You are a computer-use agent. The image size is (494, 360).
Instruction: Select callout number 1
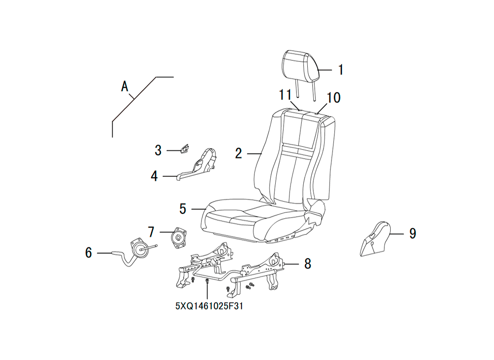tap(340, 70)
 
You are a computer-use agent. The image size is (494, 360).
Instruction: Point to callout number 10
tap(333, 98)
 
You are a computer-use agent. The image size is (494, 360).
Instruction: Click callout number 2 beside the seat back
tap(239, 153)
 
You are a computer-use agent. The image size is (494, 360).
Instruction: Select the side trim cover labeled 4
tap(198, 164)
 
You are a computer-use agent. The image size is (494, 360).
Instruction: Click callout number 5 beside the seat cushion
tap(183, 209)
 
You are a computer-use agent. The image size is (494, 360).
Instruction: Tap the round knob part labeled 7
tap(178, 237)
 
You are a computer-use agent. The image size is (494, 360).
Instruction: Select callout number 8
tap(308, 264)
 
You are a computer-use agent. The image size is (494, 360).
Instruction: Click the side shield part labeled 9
tap(375, 239)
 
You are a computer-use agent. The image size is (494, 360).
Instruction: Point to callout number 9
tap(412, 234)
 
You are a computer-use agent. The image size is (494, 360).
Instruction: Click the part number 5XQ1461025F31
tap(209, 306)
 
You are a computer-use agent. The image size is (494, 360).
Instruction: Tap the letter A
tap(125, 86)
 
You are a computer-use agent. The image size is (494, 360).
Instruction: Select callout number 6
tap(88, 253)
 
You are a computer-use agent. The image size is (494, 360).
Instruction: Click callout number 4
tap(154, 176)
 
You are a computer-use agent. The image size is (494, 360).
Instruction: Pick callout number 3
tap(158, 151)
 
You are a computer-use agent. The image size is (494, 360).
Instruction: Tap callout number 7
tap(151, 232)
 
